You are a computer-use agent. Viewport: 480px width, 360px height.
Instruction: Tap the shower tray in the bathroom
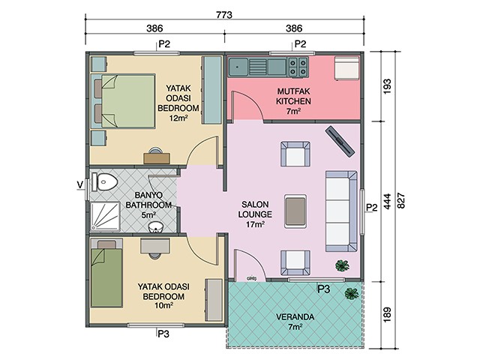click(105, 216)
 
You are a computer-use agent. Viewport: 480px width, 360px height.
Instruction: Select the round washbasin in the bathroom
click(156, 228)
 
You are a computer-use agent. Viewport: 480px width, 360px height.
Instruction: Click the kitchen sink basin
click(238, 66)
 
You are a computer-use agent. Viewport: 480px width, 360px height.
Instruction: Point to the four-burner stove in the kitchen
click(298, 67)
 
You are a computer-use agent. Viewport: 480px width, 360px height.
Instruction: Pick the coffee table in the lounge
click(295, 211)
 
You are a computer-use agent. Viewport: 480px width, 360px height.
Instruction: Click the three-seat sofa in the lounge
click(341, 211)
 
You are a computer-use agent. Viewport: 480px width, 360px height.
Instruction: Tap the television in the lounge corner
click(340, 141)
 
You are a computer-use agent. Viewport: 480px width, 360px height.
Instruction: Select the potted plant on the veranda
click(352, 293)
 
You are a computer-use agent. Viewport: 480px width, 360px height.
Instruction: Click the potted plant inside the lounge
click(342, 265)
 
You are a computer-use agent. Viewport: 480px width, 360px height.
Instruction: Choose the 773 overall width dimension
click(224, 15)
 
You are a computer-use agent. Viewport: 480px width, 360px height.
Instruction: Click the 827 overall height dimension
click(401, 200)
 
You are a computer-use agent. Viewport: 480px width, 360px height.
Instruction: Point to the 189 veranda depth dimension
click(387, 314)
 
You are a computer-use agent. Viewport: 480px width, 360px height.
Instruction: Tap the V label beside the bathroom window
click(80, 185)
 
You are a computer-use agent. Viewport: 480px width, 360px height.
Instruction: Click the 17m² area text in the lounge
click(255, 224)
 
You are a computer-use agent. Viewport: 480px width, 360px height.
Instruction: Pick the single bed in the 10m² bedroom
click(106, 273)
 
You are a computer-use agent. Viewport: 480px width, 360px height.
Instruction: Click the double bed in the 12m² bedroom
click(124, 100)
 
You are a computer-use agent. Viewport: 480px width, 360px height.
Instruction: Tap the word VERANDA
click(295, 316)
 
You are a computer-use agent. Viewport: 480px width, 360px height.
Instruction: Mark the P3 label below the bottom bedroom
click(163, 334)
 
